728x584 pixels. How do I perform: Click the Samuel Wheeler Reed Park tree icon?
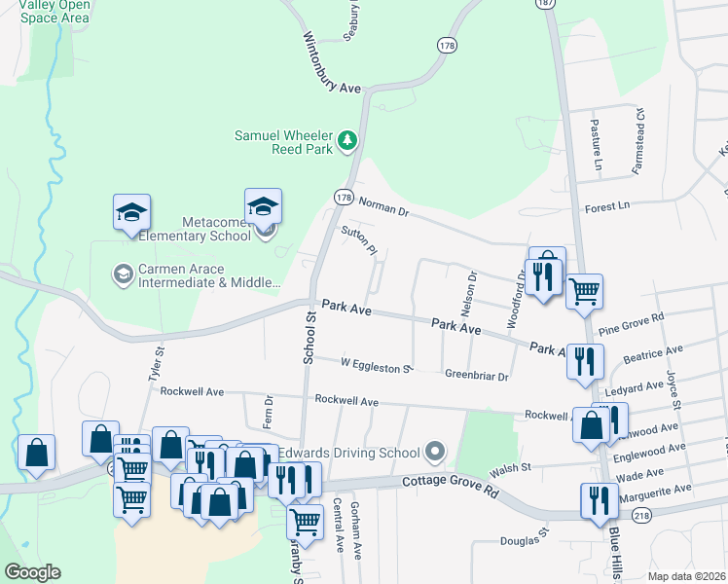(346, 142)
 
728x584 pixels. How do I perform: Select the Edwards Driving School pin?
(434, 453)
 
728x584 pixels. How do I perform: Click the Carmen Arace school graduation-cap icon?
(123, 275)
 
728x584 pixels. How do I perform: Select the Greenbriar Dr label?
(476, 375)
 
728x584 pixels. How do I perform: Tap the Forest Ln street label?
(607, 206)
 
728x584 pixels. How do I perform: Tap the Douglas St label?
(526, 538)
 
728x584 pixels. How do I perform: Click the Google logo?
(32, 572)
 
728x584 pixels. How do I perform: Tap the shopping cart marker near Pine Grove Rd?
(584, 290)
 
